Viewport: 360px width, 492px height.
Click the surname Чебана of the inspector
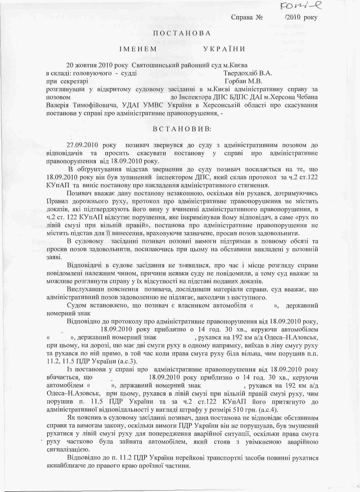point(305,96)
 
